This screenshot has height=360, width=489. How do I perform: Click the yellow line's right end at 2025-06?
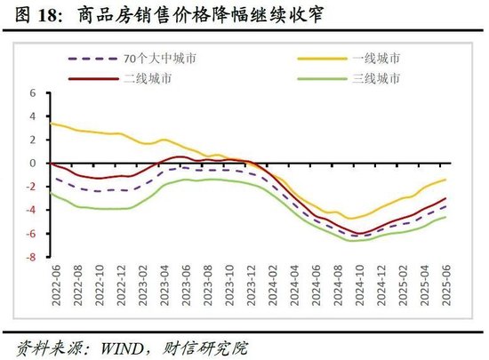(445, 180)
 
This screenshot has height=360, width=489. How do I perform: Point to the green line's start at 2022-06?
(51, 194)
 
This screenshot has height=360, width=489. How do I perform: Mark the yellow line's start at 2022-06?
(51, 123)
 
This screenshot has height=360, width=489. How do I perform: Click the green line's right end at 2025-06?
(445, 217)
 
